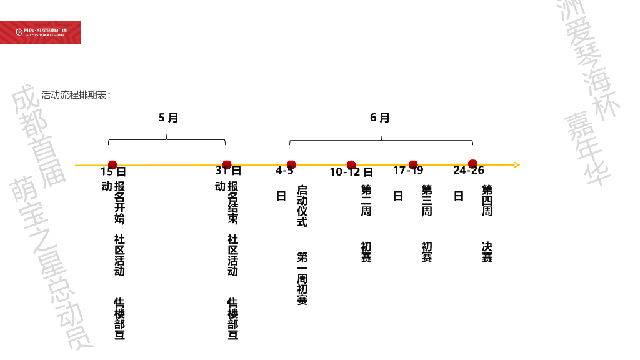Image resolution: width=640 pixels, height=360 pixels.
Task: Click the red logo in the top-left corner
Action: tap(41, 32)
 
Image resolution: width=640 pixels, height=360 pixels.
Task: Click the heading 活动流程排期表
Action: tap(76, 96)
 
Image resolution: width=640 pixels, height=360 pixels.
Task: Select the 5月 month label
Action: tap(168, 117)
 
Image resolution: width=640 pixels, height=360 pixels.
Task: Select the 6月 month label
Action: tap(380, 117)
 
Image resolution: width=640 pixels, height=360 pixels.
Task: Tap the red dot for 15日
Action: tap(112, 165)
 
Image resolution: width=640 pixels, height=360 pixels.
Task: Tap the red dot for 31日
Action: tap(227, 164)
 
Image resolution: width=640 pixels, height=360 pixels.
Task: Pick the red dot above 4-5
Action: tap(291, 165)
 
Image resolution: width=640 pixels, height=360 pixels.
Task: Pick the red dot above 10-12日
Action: tap(351, 165)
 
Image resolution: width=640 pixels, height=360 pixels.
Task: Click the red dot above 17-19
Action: tap(413, 165)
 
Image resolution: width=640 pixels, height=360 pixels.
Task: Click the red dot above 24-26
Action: tap(472, 164)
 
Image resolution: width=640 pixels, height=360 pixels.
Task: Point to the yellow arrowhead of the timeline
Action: tap(516, 165)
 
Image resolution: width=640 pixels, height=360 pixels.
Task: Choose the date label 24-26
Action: tap(469, 171)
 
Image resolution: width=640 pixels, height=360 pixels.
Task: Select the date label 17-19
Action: tap(408, 171)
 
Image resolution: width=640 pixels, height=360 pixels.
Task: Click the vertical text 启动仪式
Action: tap(302, 206)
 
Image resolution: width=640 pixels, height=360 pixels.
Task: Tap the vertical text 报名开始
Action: tap(119, 202)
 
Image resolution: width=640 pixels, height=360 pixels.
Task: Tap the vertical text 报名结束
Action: tap(232, 202)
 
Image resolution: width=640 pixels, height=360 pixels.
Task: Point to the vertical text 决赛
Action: tap(487, 252)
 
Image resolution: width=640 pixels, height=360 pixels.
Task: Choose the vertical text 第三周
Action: tap(427, 201)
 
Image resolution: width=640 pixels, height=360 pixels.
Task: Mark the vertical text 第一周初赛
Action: tap(302, 278)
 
